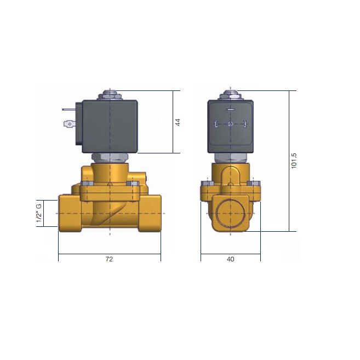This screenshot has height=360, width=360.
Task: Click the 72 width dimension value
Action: coord(109,259)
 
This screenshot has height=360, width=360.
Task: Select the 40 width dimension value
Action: coord(231,259)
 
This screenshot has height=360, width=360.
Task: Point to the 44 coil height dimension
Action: coord(178,122)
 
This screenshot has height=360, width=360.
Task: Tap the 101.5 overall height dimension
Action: coord(294,161)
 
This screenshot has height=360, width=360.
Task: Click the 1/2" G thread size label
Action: coord(39,213)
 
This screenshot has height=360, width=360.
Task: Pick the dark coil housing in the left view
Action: coord(110,126)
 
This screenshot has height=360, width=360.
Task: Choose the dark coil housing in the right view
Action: coord(231,126)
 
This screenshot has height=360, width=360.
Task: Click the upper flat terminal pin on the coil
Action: coord(68,110)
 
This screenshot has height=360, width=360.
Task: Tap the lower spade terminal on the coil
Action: coord(69,124)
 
